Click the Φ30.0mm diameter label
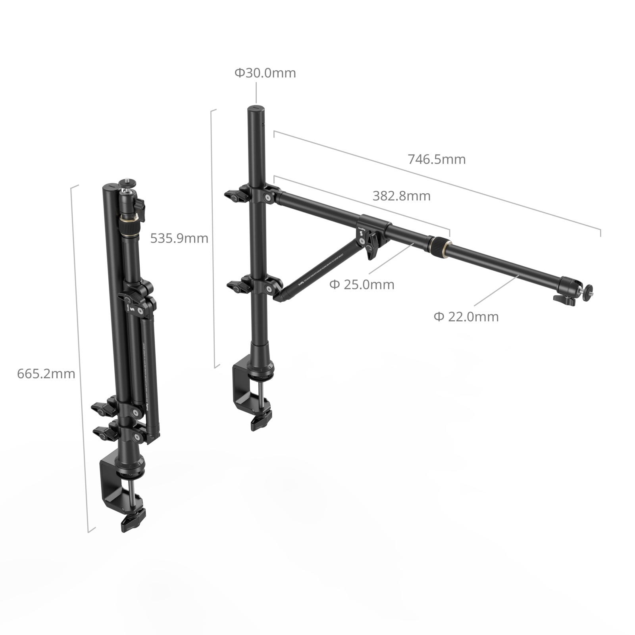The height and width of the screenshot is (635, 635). pos(265,73)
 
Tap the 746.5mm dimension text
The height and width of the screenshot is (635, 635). pos(437,159)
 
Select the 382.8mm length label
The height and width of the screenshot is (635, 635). pos(401,196)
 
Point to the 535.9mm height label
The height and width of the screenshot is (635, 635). pos(179,238)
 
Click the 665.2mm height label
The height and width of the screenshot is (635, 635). pos(46,373)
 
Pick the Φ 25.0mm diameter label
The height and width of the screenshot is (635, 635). pos(362,285)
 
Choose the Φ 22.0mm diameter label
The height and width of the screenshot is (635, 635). pos(466,317)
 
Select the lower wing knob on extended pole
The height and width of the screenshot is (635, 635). pos(238,286)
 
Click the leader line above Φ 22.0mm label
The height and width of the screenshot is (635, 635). pos(496,290)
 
